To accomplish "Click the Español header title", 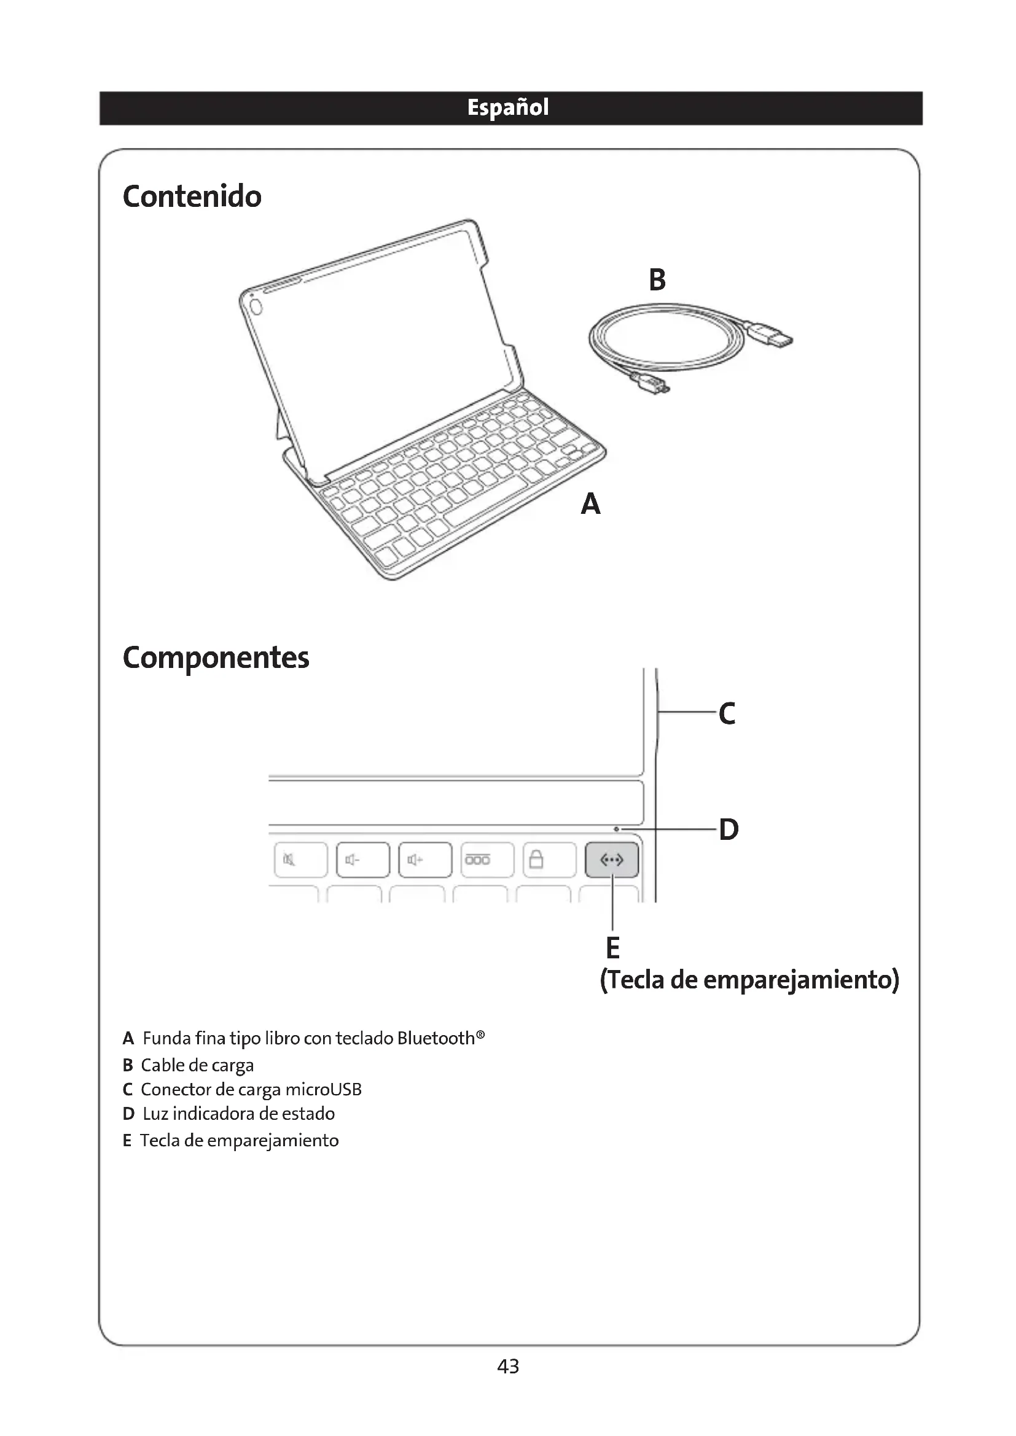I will coord(507,107).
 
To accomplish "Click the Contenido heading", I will coord(192,197).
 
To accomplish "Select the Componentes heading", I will coord(216,658).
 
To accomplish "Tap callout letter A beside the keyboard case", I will coord(590,503).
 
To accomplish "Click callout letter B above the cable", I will coord(657,279).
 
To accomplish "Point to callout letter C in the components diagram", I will coord(726,713).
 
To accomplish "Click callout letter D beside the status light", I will coord(729,830).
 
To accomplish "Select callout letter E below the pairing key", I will coord(612,948).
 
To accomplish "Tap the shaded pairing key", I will coord(612,860).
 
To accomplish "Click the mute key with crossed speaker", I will coord(301,860).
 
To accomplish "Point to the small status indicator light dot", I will coord(616,829).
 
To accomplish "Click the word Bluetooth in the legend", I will coord(436,1039).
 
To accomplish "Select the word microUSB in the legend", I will coord(323,1090).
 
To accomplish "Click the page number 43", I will coord(508,1367).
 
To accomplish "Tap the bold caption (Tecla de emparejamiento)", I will coord(749,979).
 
